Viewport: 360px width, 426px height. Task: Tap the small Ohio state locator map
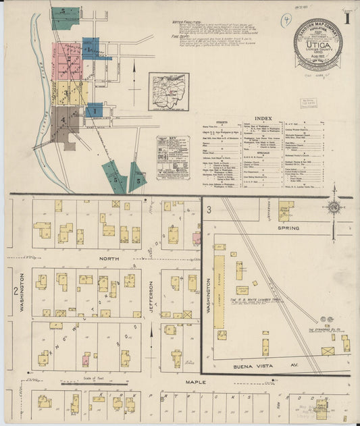pos(169,92)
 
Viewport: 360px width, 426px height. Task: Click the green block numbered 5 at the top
pos(65,18)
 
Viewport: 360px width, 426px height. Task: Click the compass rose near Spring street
pos(333,208)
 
